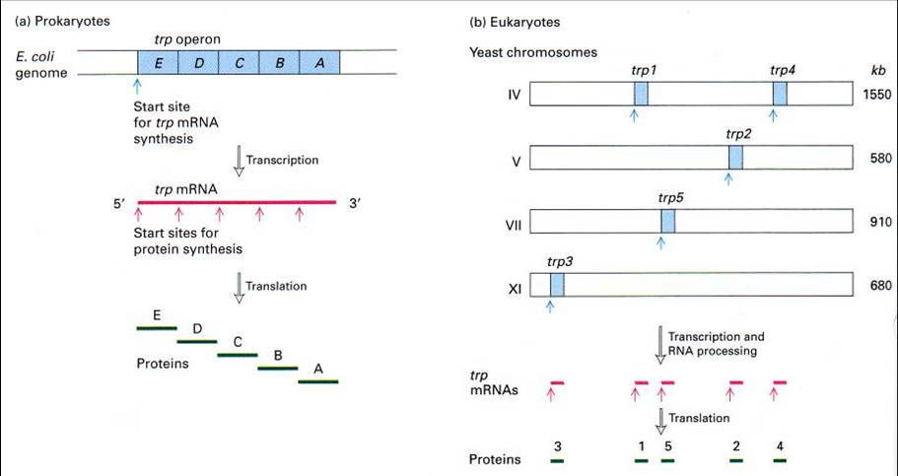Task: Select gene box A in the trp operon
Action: tap(319, 62)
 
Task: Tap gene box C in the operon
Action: tap(239, 62)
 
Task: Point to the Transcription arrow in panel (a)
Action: tap(239, 158)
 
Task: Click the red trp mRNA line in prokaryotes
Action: tap(237, 203)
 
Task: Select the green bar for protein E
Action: tap(157, 326)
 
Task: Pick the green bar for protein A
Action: tap(318, 379)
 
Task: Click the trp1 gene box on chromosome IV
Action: tap(642, 95)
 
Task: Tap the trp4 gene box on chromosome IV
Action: tap(780, 95)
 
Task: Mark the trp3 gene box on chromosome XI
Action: tap(557, 285)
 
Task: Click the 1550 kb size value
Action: tap(875, 96)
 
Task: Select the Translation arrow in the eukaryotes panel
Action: tap(660, 419)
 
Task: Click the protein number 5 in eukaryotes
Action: tap(668, 445)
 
